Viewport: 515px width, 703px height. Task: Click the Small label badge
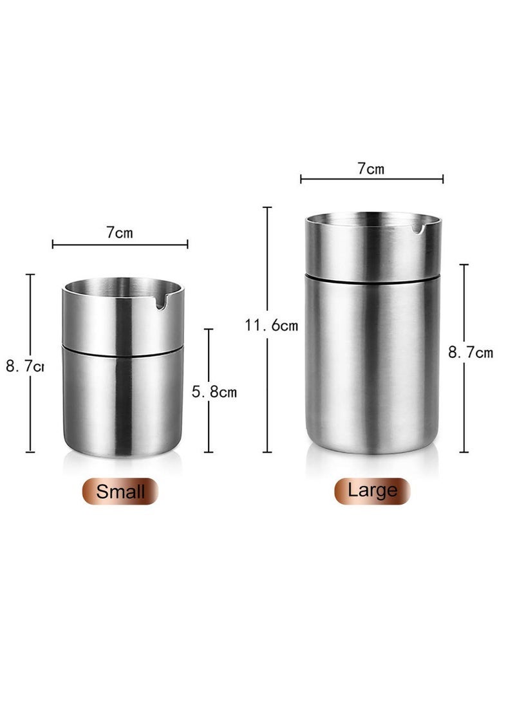coord(120,491)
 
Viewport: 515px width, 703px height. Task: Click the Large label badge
coord(372,491)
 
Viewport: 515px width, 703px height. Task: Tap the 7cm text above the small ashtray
coord(120,232)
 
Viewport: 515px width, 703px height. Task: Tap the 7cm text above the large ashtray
coord(371,169)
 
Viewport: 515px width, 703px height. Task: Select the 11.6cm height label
coord(271,326)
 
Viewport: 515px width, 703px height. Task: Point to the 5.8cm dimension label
coord(214,391)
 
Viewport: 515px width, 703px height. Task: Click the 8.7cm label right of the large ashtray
coord(471,352)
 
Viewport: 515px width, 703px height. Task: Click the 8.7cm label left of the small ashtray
coord(24,366)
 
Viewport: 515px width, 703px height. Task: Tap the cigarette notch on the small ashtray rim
coord(161,301)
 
